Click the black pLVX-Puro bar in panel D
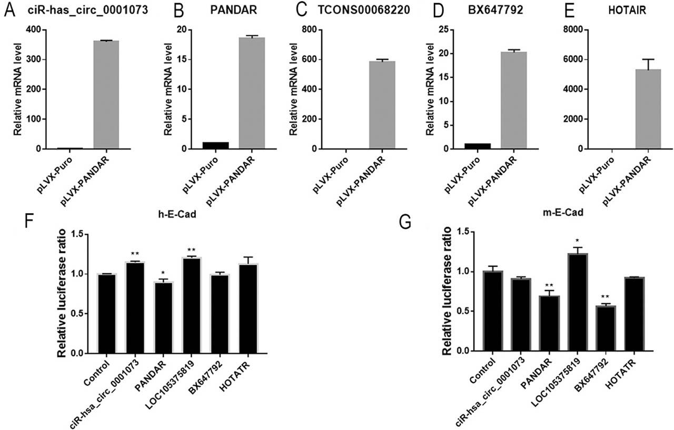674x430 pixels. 478,146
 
